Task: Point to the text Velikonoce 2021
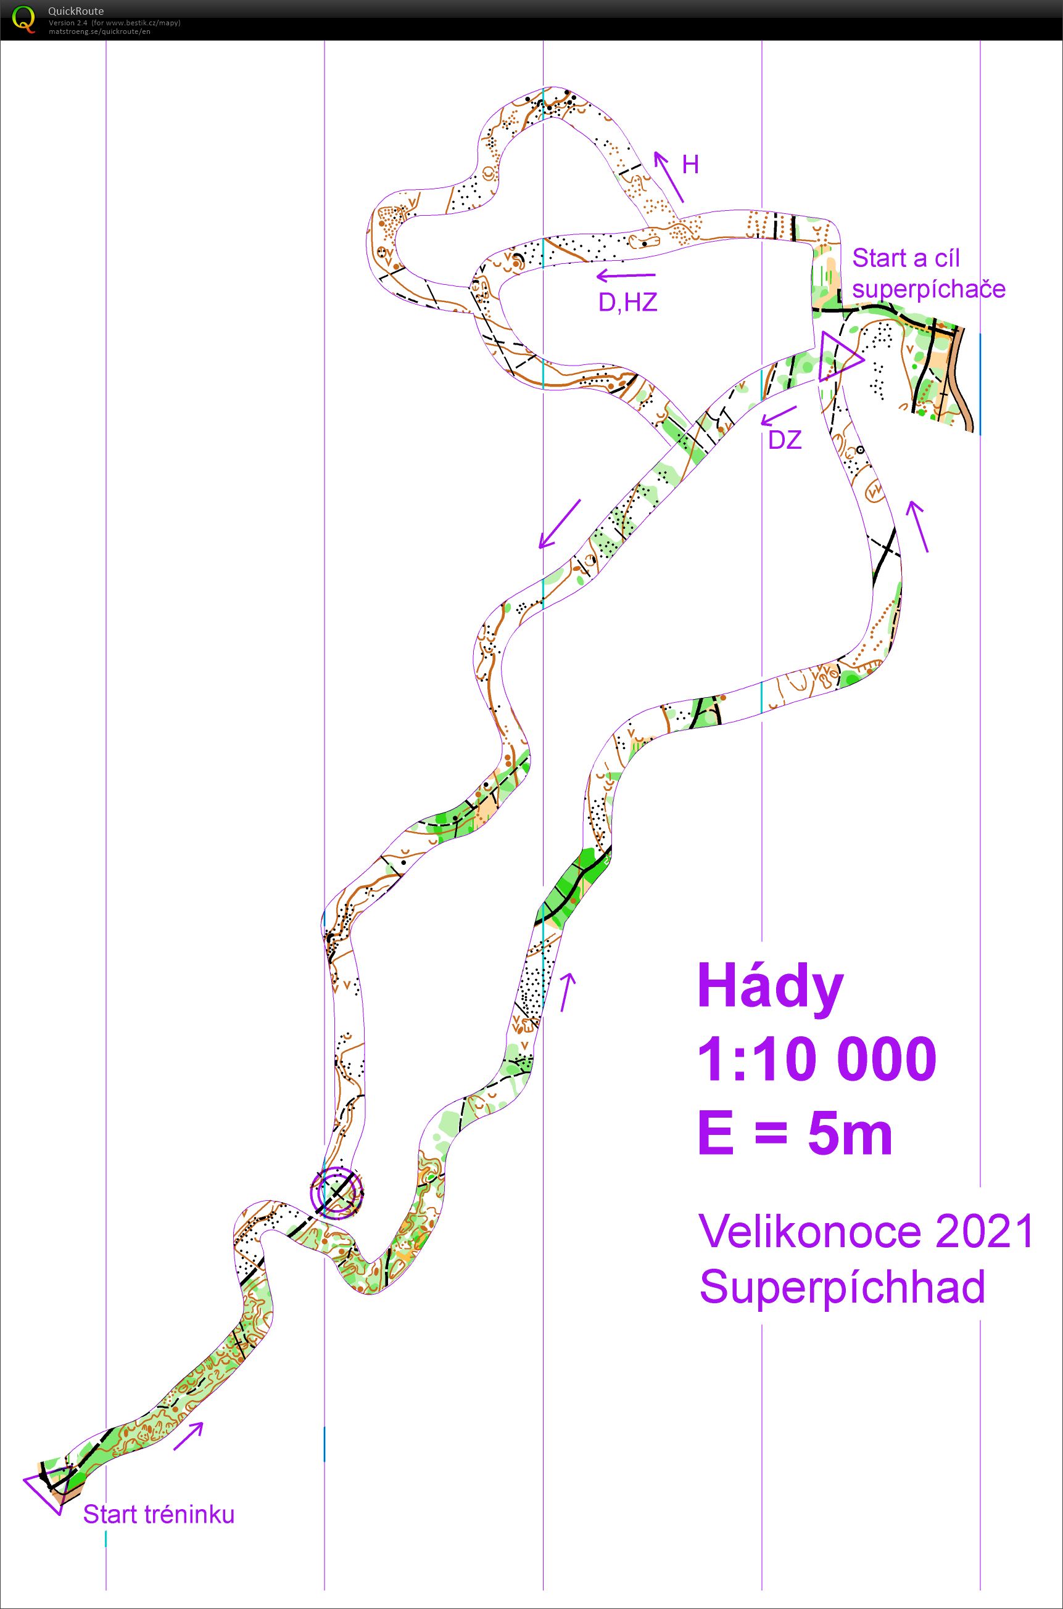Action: click(866, 1231)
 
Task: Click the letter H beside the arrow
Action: click(690, 165)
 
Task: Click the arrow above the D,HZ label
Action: click(626, 276)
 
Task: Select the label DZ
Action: click(785, 441)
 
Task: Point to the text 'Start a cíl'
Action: click(905, 258)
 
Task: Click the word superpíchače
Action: click(929, 289)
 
